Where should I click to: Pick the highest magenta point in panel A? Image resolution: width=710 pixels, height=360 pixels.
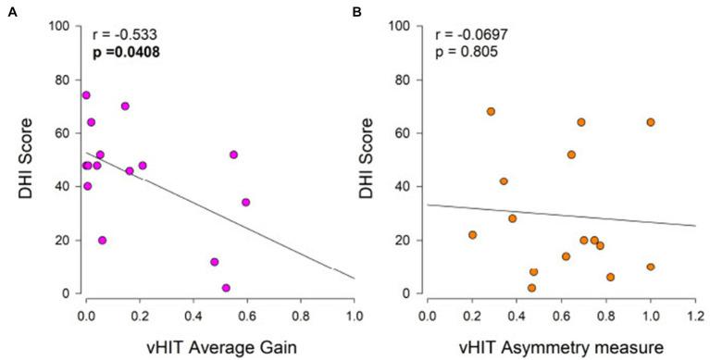(x=86, y=95)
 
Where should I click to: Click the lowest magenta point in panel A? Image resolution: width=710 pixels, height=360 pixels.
(x=226, y=288)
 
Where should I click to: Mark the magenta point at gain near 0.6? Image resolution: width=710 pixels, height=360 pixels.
(x=245, y=202)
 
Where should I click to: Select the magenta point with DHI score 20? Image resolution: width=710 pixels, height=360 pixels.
(x=102, y=240)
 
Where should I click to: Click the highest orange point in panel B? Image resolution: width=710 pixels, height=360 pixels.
(x=491, y=111)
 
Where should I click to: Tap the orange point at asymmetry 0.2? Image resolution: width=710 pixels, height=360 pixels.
(x=472, y=235)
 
